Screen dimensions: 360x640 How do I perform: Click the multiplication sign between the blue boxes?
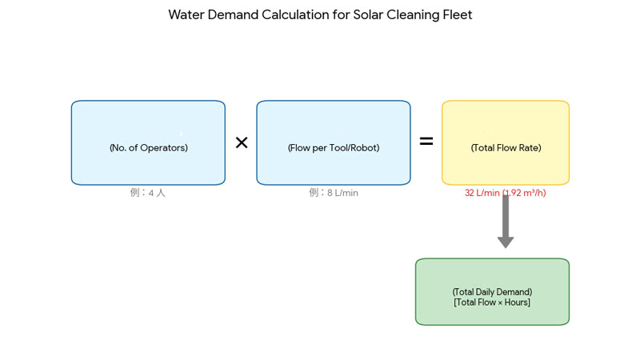coord(241,142)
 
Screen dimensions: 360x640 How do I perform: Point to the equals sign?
coord(426,142)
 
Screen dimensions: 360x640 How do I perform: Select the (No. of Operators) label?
coord(148,148)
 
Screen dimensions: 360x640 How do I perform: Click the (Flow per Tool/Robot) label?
coord(333,148)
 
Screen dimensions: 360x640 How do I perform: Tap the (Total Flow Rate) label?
coord(506,148)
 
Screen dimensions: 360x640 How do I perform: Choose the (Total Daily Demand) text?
coord(492,292)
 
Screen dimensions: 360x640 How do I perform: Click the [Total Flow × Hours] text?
coord(492,302)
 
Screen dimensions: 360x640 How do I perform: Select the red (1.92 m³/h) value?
coord(525,193)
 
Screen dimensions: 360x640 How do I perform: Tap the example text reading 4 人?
coord(157,193)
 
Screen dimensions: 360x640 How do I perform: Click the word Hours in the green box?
coord(515,302)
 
